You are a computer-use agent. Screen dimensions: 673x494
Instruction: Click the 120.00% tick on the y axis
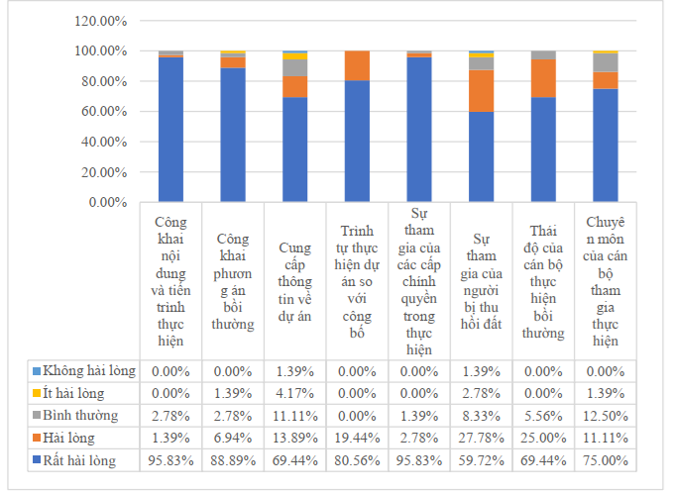[100, 21]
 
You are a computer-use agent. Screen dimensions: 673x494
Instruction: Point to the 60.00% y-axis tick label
[104, 112]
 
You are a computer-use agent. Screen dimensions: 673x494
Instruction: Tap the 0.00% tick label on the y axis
[108, 202]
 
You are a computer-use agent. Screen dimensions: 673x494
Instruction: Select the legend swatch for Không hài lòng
[37, 371]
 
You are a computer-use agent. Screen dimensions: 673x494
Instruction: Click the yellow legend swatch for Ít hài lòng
[37, 393]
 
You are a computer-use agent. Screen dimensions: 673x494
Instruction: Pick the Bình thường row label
[80, 415]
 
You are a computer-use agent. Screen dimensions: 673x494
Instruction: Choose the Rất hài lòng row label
[79, 460]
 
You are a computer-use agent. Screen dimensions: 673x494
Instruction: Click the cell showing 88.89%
[233, 460]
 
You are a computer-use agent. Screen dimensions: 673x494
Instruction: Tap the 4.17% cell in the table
[294, 393]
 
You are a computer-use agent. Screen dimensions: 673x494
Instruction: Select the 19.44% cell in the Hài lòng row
[357, 438]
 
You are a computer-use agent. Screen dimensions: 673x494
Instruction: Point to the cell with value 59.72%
[481, 460]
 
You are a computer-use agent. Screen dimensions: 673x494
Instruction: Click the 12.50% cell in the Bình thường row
[606, 416]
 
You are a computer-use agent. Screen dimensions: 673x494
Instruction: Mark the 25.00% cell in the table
[543, 438]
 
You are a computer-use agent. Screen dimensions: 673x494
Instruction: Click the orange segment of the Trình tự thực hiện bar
[357, 65]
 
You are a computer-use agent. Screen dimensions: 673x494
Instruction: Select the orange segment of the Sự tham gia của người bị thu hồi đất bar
[481, 91]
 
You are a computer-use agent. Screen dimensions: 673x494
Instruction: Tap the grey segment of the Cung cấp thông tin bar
[294, 67]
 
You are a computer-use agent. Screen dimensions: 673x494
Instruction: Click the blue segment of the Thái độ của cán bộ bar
[543, 149]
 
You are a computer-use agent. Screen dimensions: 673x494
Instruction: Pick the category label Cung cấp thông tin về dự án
[294, 282]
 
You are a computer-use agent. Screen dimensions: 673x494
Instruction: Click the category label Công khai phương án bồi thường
[233, 281]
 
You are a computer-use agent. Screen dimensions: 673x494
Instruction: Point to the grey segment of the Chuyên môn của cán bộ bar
[606, 62]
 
